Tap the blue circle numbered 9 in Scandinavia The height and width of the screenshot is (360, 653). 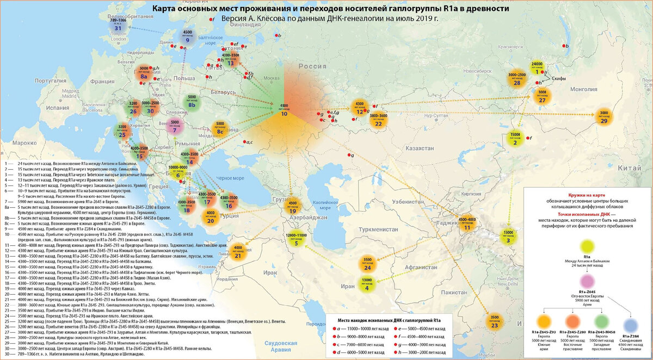187,36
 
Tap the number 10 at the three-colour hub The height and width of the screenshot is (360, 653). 284,115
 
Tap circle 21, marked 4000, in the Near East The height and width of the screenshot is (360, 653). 238,252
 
